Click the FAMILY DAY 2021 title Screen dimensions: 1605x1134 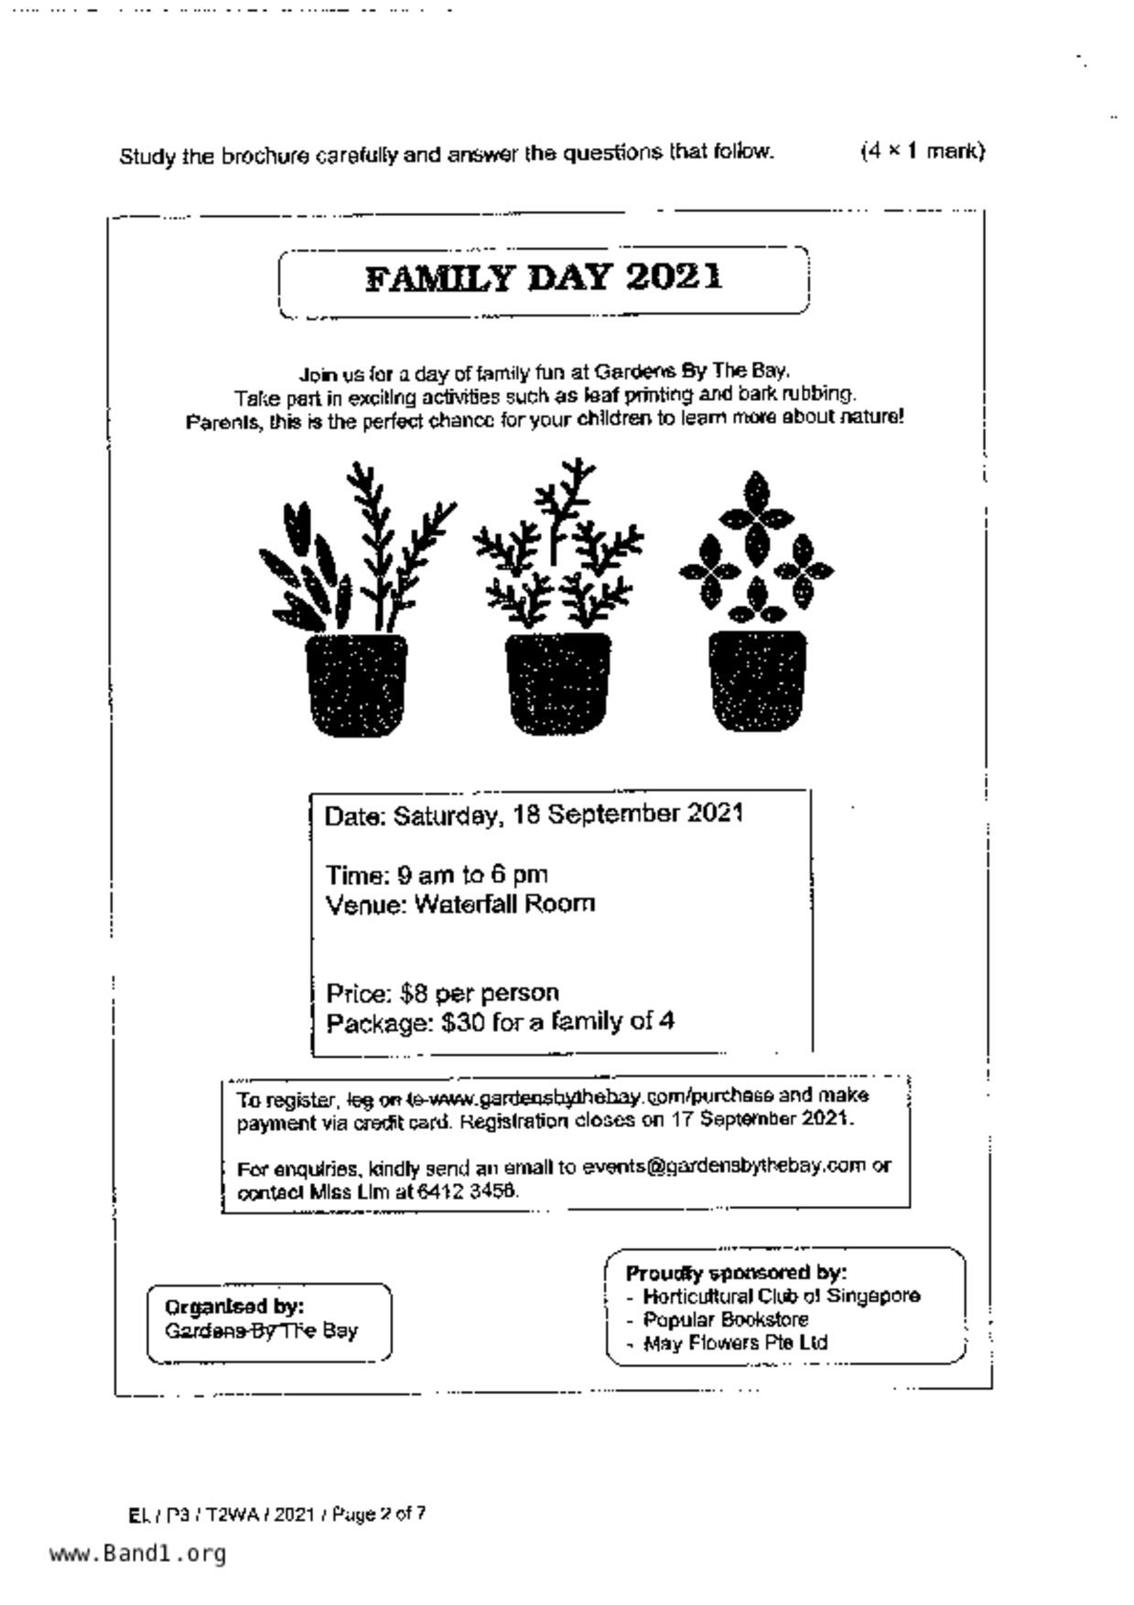coord(544,278)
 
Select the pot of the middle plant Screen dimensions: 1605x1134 coord(556,682)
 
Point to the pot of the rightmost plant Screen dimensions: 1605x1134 coord(757,680)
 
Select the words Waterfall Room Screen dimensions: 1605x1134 coord(504,904)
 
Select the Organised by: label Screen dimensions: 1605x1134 coord(234,1306)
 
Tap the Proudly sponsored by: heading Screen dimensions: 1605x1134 coord(736,1273)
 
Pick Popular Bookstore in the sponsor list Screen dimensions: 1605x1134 coord(726,1320)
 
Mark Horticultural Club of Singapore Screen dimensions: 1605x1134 coord(781,1296)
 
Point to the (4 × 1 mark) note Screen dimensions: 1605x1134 coord(922,151)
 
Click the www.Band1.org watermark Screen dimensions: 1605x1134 coord(137,1553)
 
